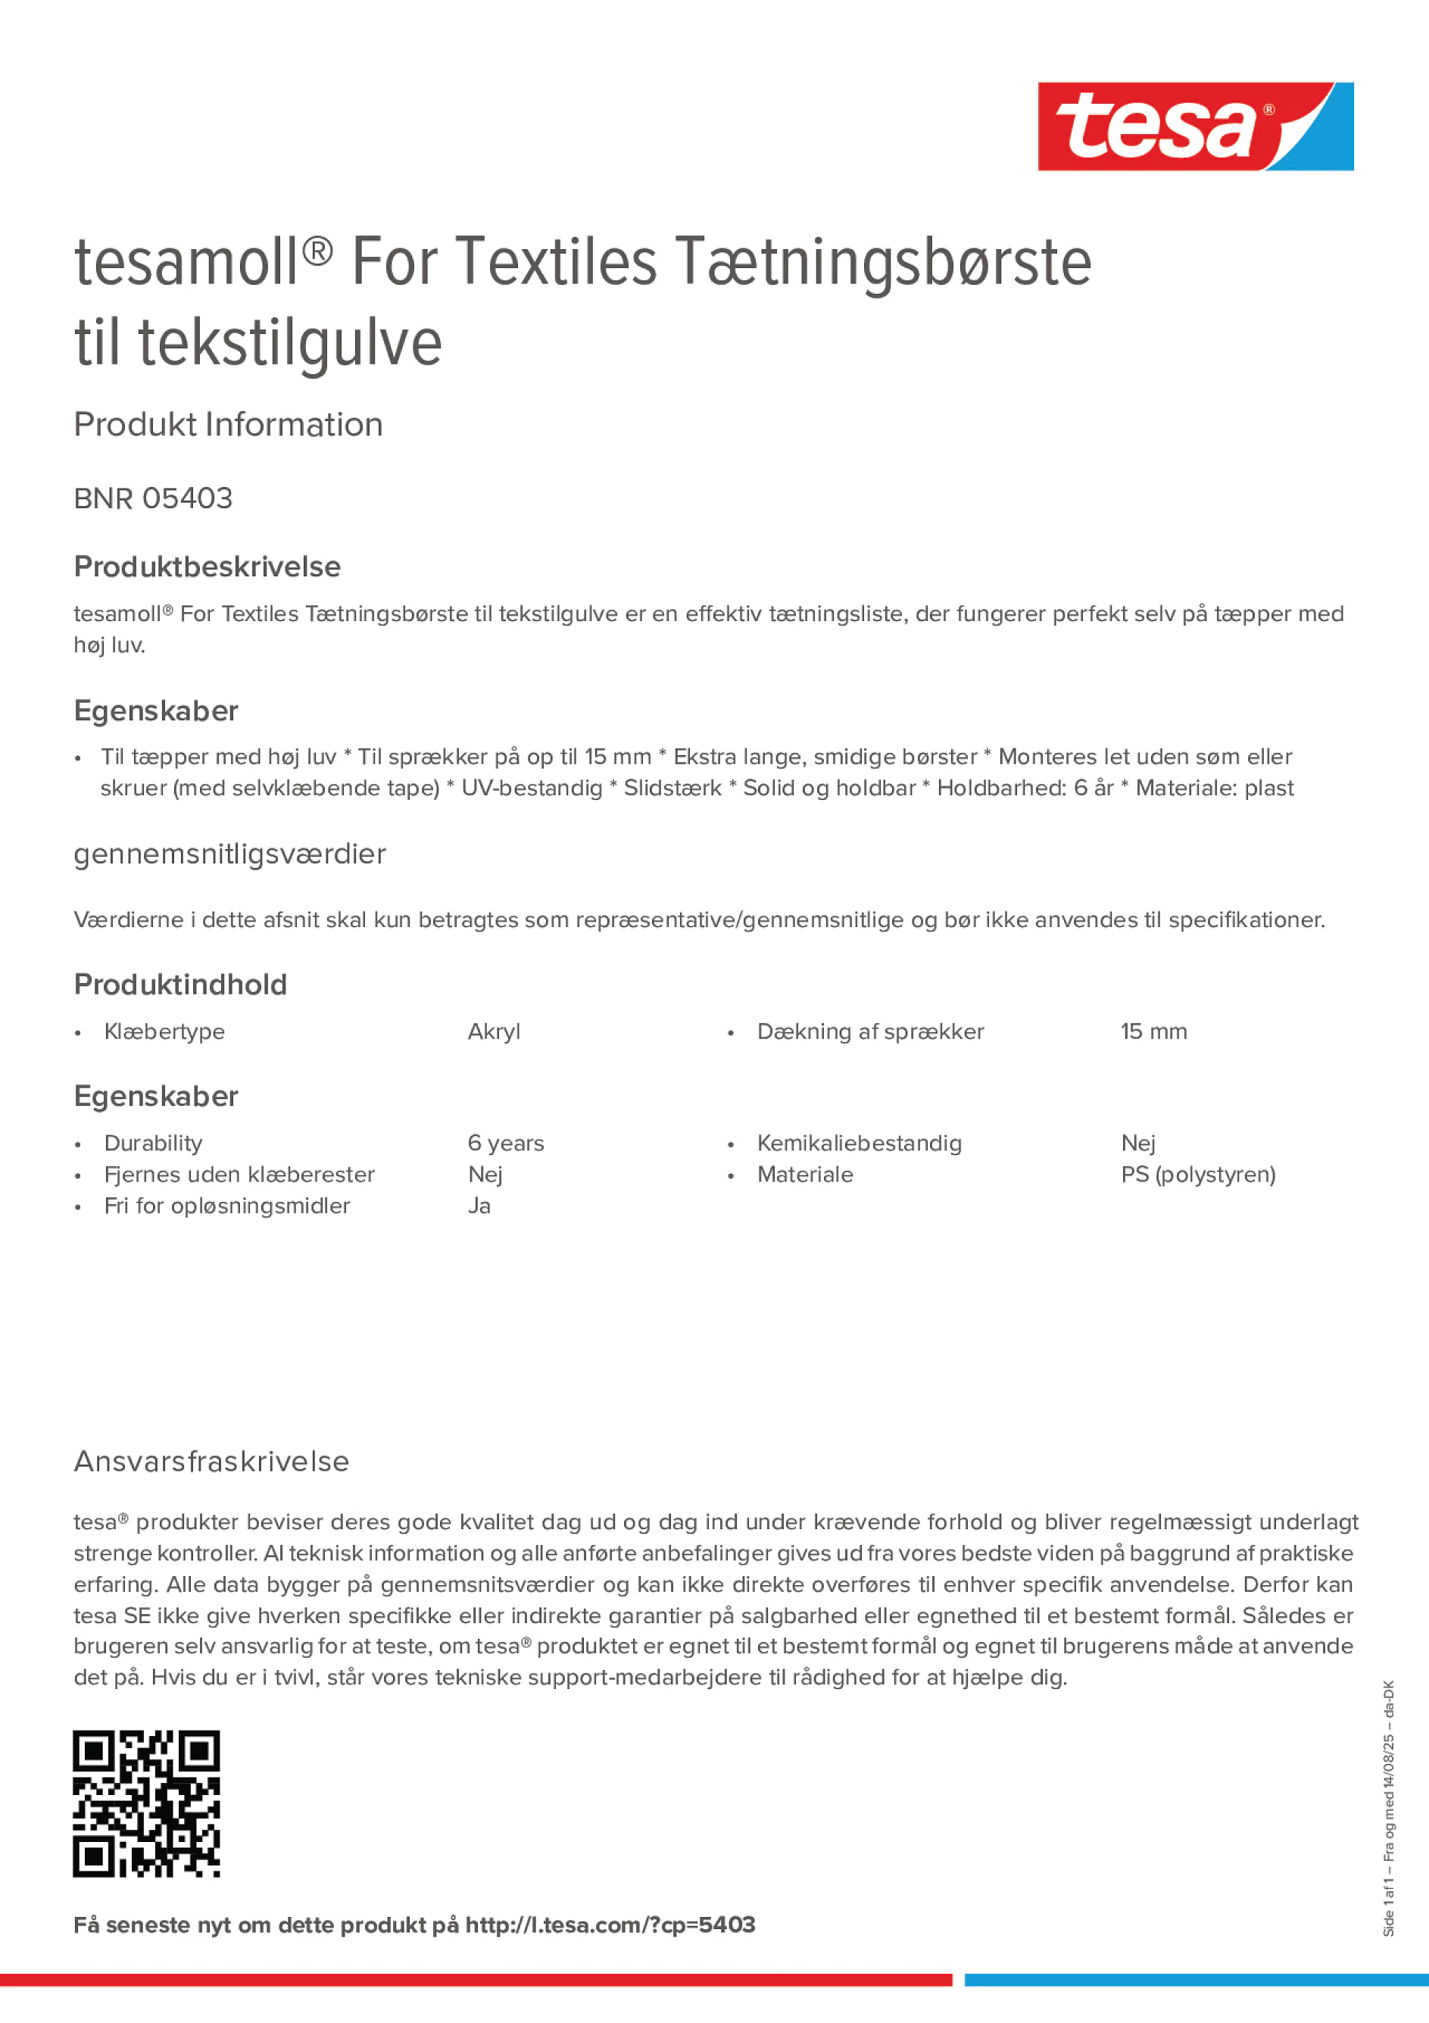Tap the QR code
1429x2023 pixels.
146,1803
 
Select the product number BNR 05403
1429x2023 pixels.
153,498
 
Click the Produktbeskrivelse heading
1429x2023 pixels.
207,567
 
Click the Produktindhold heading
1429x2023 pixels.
180,984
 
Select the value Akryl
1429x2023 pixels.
493,1032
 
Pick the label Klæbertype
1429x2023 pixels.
165,1032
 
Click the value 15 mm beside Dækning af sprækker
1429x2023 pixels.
1153,1032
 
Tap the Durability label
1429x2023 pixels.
153,1144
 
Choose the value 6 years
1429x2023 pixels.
506,1144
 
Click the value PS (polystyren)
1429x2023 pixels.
1197,1175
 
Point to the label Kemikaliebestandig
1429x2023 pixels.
859,1144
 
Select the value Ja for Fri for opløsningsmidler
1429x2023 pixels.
479,1207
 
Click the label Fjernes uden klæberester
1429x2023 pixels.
239,1175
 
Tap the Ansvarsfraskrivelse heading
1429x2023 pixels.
211,1462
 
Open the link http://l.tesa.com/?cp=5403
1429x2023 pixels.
610,1925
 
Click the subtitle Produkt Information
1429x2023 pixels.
228,425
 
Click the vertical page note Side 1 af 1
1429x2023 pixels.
1388,1908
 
